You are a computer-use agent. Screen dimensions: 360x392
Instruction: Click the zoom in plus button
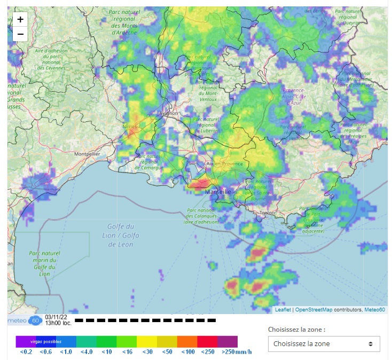(x=20, y=19)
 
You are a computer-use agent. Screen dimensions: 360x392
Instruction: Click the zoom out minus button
(x=20, y=34)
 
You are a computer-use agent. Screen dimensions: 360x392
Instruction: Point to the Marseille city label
(x=218, y=191)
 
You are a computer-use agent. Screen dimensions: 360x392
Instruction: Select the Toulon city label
(x=267, y=213)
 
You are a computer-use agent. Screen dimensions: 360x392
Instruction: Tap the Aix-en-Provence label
(x=225, y=164)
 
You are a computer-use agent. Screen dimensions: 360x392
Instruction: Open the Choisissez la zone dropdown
(x=324, y=343)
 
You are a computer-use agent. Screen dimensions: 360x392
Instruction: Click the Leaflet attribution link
(x=283, y=310)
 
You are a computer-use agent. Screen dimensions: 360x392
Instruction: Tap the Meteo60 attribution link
(x=374, y=310)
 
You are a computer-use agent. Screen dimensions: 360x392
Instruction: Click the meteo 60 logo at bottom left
(x=25, y=320)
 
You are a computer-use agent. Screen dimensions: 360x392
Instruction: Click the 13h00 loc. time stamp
(x=59, y=323)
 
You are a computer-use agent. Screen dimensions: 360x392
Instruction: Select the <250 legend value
(x=207, y=351)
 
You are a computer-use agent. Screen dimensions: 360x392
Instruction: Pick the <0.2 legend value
(x=26, y=351)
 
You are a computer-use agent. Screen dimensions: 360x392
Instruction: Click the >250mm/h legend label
(x=235, y=351)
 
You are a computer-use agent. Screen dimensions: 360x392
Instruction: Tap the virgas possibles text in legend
(x=46, y=341)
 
